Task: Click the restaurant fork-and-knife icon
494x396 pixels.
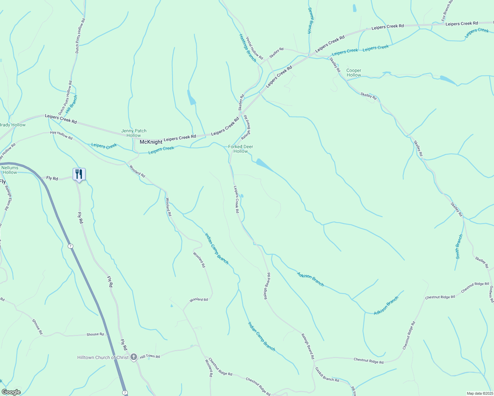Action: (x=79, y=174)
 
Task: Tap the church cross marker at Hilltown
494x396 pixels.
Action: (x=134, y=357)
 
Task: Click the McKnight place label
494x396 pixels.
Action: (x=151, y=142)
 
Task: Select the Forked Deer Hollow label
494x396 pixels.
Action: (x=240, y=149)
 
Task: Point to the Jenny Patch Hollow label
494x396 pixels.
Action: (x=134, y=133)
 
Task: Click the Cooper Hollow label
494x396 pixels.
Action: (x=354, y=73)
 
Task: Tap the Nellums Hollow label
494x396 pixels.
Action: (x=10, y=170)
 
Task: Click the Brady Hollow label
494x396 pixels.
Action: (x=12, y=125)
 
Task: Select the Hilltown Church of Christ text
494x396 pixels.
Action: (x=103, y=357)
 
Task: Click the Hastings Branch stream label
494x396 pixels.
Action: (x=247, y=48)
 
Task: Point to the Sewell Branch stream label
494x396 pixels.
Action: (x=309, y=20)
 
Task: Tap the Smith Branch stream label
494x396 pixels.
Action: (x=459, y=247)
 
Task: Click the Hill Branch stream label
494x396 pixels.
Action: (x=71, y=105)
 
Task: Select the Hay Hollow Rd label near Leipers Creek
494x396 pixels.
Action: (x=61, y=135)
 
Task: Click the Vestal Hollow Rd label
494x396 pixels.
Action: (x=254, y=48)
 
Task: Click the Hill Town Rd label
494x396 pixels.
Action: (x=150, y=356)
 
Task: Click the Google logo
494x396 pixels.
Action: (x=11, y=392)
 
